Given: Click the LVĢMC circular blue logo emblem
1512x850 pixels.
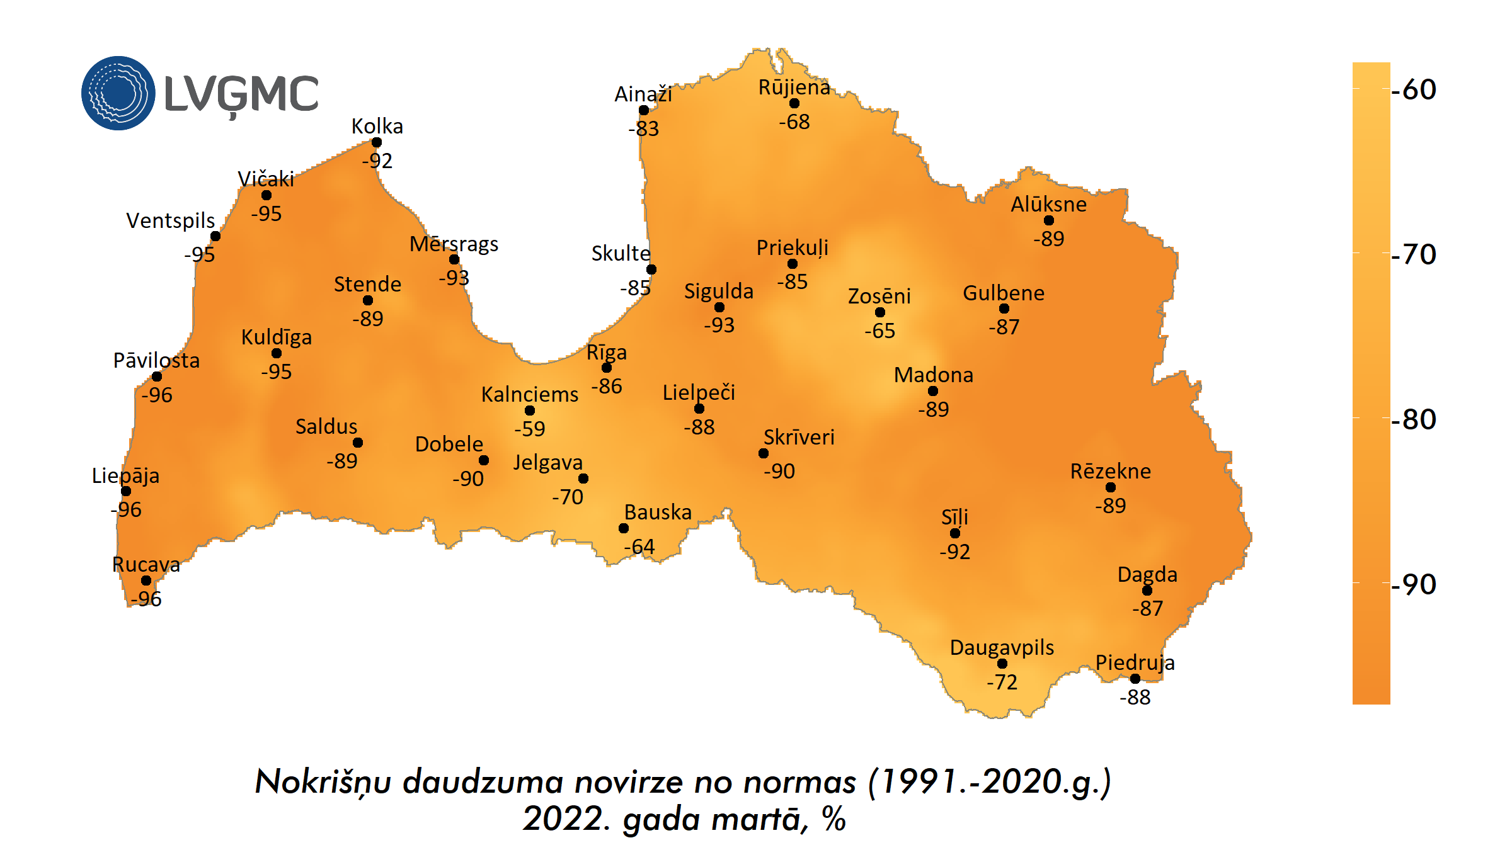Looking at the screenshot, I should tap(118, 93).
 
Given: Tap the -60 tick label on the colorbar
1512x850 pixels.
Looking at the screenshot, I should tap(1414, 89).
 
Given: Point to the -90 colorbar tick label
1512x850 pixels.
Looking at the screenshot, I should tap(1414, 584).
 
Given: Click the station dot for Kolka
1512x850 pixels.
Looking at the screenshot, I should tap(377, 142).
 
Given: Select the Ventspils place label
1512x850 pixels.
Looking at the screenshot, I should tap(170, 220).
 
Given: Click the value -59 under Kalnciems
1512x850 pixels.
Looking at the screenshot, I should tap(529, 429).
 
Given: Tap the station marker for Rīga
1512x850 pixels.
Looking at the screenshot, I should tap(607, 368).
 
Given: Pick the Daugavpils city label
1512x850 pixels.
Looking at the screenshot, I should tap(1002, 647).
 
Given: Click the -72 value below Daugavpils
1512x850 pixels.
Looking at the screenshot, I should tap(1002, 682).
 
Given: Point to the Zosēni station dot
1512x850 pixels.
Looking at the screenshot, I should tap(880, 312).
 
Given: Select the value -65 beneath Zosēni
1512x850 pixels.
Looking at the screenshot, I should tap(879, 331).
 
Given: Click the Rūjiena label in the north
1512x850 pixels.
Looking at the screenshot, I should tap(794, 87).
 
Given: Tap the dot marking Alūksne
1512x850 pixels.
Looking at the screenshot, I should tap(1049, 220).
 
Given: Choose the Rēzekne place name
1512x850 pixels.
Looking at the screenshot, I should tap(1110, 471).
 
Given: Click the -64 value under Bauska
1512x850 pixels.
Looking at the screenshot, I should tap(639, 547).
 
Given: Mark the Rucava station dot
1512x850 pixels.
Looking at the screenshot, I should tap(146, 581).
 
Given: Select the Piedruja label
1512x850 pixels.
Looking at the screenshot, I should tap(1135, 662).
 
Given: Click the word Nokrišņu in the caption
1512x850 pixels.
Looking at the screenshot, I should tap(324, 782).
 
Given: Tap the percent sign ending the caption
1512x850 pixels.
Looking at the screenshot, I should tap(833, 819).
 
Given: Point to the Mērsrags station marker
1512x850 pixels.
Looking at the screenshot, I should tap(454, 259).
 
